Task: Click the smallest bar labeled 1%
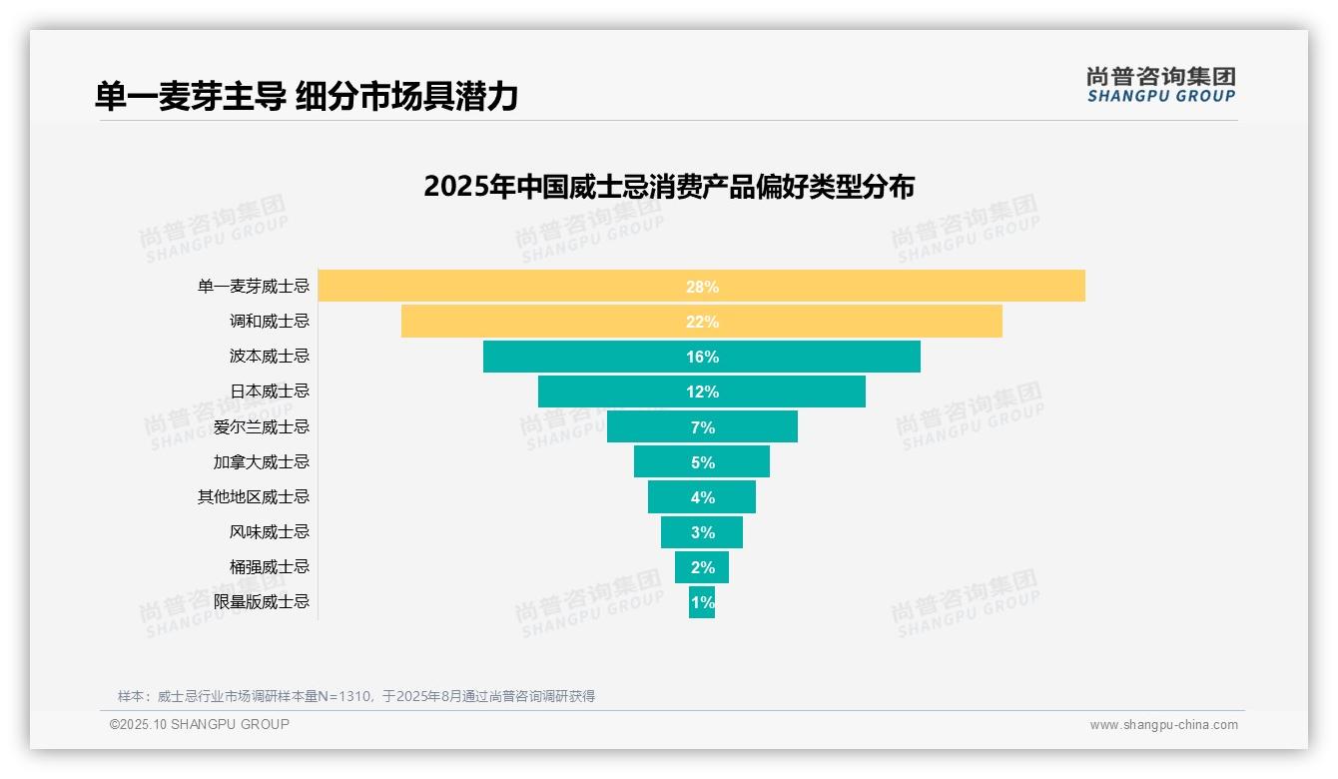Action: [702, 602]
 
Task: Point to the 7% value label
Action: [702, 427]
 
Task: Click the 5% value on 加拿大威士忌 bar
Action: [702, 462]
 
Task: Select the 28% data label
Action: [702, 287]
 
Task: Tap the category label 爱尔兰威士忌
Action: [262, 427]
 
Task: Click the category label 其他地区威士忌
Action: [254, 497]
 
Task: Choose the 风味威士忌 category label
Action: [270, 532]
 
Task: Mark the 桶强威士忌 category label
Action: [270, 567]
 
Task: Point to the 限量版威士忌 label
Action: [262, 602]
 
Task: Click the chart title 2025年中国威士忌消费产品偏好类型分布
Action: [669, 187]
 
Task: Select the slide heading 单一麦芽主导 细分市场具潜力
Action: [307, 96]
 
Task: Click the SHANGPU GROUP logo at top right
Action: [1160, 85]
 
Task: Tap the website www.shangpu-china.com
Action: [1163, 725]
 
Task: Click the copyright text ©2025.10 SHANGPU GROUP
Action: [200, 724]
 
